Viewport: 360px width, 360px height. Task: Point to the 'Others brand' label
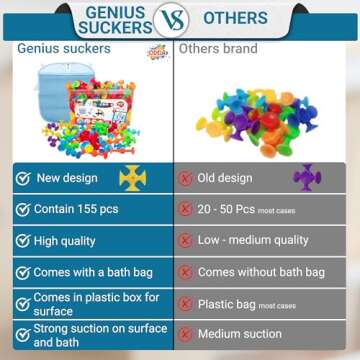point(219,48)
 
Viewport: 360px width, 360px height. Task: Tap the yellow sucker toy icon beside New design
point(132,180)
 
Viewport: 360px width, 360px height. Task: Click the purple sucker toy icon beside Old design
point(308,179)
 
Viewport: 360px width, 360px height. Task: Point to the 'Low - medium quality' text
point(253,241)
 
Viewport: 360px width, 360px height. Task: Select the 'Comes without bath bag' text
point(260,272)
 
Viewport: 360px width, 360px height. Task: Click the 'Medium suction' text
point(239,333)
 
